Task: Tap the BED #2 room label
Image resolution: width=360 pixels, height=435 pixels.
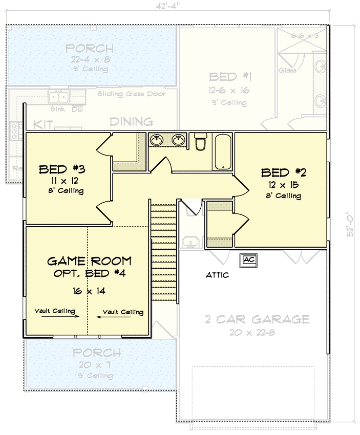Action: pyautogui.click(x=283, y=173)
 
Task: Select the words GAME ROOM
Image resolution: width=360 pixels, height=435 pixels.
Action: pyautogui.click(x=89, y=261)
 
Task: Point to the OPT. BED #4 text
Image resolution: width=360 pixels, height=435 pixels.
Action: pyautogui.click(x=89, y=273)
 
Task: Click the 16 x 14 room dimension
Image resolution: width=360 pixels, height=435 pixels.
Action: pyautogui.click(x=89, y=291)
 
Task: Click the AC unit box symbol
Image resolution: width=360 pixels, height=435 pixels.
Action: pyautogui.click(x=249, y=260)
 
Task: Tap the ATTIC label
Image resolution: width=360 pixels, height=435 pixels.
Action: pyautogui.click(x=217, y=275)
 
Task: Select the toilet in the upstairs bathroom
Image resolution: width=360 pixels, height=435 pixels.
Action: pyautogui.click(x=200, y=142)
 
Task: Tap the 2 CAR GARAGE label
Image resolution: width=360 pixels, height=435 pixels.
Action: pyautogui.click(x=258, y=320)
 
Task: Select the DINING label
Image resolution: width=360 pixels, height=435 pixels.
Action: pyautogui.click(x=131, y=122)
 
